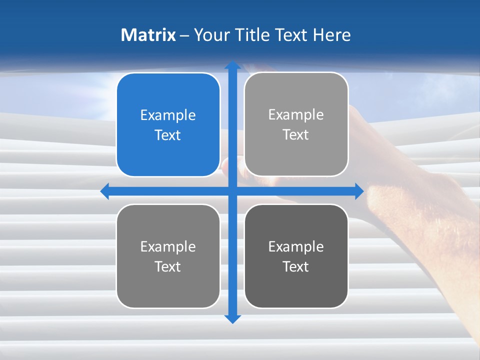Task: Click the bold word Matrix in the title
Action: (148, 35)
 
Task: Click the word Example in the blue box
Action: (168, 115)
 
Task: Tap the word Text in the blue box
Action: (168, 135)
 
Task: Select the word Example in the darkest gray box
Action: (296, 246)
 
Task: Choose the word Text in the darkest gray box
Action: (296, 266)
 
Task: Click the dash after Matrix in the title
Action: (184, 35)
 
